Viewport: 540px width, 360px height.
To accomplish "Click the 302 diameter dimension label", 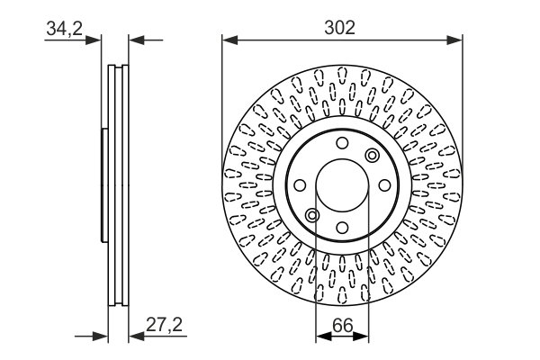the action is coord(339,28).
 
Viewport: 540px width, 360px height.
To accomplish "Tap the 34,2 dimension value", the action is coord(65,28).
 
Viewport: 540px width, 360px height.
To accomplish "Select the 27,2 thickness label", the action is coord(165,324).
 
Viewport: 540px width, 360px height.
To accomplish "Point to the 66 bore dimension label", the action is coord(343,325).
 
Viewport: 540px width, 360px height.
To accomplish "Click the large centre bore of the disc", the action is coord(342,185).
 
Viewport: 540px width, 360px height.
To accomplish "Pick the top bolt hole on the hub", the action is coord(342,143).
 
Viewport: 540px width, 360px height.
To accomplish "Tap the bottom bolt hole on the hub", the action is coord(342,228).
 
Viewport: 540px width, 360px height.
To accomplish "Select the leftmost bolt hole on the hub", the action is coord(300,185).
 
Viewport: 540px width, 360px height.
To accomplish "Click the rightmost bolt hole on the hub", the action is coord(384,185).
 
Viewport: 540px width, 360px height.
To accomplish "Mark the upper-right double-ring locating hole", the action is coord(373,156).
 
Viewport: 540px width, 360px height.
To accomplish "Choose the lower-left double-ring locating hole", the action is coord(312,215).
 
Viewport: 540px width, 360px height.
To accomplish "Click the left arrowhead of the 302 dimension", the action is coord(230,40).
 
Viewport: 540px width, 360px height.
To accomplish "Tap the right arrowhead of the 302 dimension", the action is coord(454,40).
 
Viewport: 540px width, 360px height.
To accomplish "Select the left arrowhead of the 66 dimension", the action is coord(323,337).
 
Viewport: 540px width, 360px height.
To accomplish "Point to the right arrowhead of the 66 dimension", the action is coord(361,337).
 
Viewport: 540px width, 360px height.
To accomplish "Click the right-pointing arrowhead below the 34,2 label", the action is coord(94,40).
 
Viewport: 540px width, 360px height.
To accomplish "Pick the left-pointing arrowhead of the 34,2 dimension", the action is coord(137,40).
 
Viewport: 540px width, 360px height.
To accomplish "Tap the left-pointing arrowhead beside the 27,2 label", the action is coord(137,337).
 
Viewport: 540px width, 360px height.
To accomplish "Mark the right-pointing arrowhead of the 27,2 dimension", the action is coord(100,337).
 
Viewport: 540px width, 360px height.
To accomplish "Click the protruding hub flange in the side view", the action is coord(104,185).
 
